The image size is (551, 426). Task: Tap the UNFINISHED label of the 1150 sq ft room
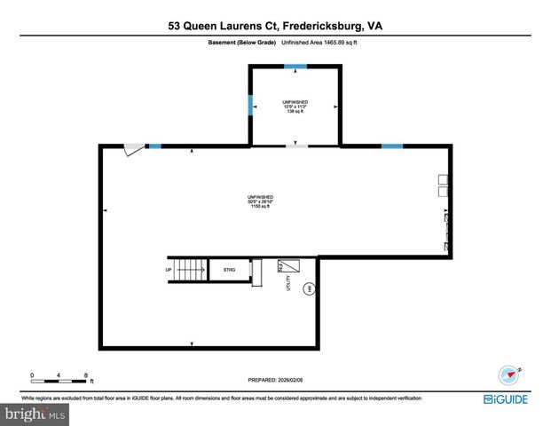(x=260, y=196)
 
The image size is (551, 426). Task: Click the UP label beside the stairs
(x=168, y=269)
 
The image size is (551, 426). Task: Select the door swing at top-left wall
(x=134, y=152)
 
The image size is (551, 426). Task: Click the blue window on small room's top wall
(x=295, y=67)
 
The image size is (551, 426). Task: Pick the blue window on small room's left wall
(x=250, y=105)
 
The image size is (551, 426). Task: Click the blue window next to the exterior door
(x=154, y=146)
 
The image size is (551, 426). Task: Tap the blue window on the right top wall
(x=391, y=146)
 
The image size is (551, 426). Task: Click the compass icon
(x=508, y=374)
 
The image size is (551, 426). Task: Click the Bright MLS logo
(x=35, y=414)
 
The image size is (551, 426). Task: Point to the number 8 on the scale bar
(x=85, y=374)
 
